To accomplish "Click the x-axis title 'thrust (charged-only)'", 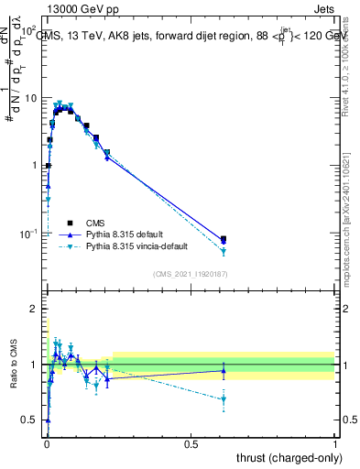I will (x=284, y=457).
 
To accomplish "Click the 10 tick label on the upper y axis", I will (x=30, y=97).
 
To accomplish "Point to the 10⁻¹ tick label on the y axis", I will (x=27, y=234).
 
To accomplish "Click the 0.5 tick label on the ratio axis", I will (x=29, y=420).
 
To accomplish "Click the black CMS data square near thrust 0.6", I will (x=224, y=239).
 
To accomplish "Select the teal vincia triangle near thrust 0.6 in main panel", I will (x=224, y=251).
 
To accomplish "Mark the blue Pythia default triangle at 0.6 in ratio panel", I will (x=224, y=370).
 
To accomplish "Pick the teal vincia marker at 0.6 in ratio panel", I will (x=224, y=399).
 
